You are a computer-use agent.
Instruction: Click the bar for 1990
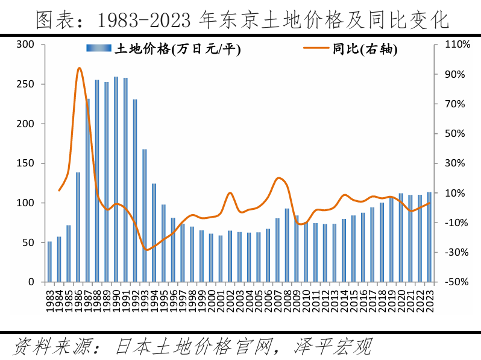pos(116,179)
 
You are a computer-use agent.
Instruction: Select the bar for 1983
pos(49,262)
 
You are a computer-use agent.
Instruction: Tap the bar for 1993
pos(145,216)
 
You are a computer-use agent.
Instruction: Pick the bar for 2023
pos(429,237)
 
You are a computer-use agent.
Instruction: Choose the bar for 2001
pos(221,259)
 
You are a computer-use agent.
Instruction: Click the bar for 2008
pos(287,245)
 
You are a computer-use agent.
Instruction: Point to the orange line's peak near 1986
pos(79,68)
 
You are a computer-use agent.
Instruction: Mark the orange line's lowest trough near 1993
pos(147,250)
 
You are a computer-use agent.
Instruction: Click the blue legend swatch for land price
pos(99,48)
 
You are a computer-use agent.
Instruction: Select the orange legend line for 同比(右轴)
pos(316,48)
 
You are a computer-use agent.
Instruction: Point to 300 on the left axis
pos(25,45)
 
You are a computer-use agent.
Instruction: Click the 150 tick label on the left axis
pos(25,163)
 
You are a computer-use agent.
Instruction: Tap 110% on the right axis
pos(457,45)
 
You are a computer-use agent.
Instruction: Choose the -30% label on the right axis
pos(457,252)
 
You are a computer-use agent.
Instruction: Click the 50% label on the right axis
pos(455,133)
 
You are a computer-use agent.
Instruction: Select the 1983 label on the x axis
pos(50,302)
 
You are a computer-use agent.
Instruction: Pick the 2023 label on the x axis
pos(430,302)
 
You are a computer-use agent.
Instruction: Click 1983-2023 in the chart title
pos(144,21)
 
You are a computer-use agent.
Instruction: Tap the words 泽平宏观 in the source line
pos(333,347)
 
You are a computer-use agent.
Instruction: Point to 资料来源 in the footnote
pos(52,347)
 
